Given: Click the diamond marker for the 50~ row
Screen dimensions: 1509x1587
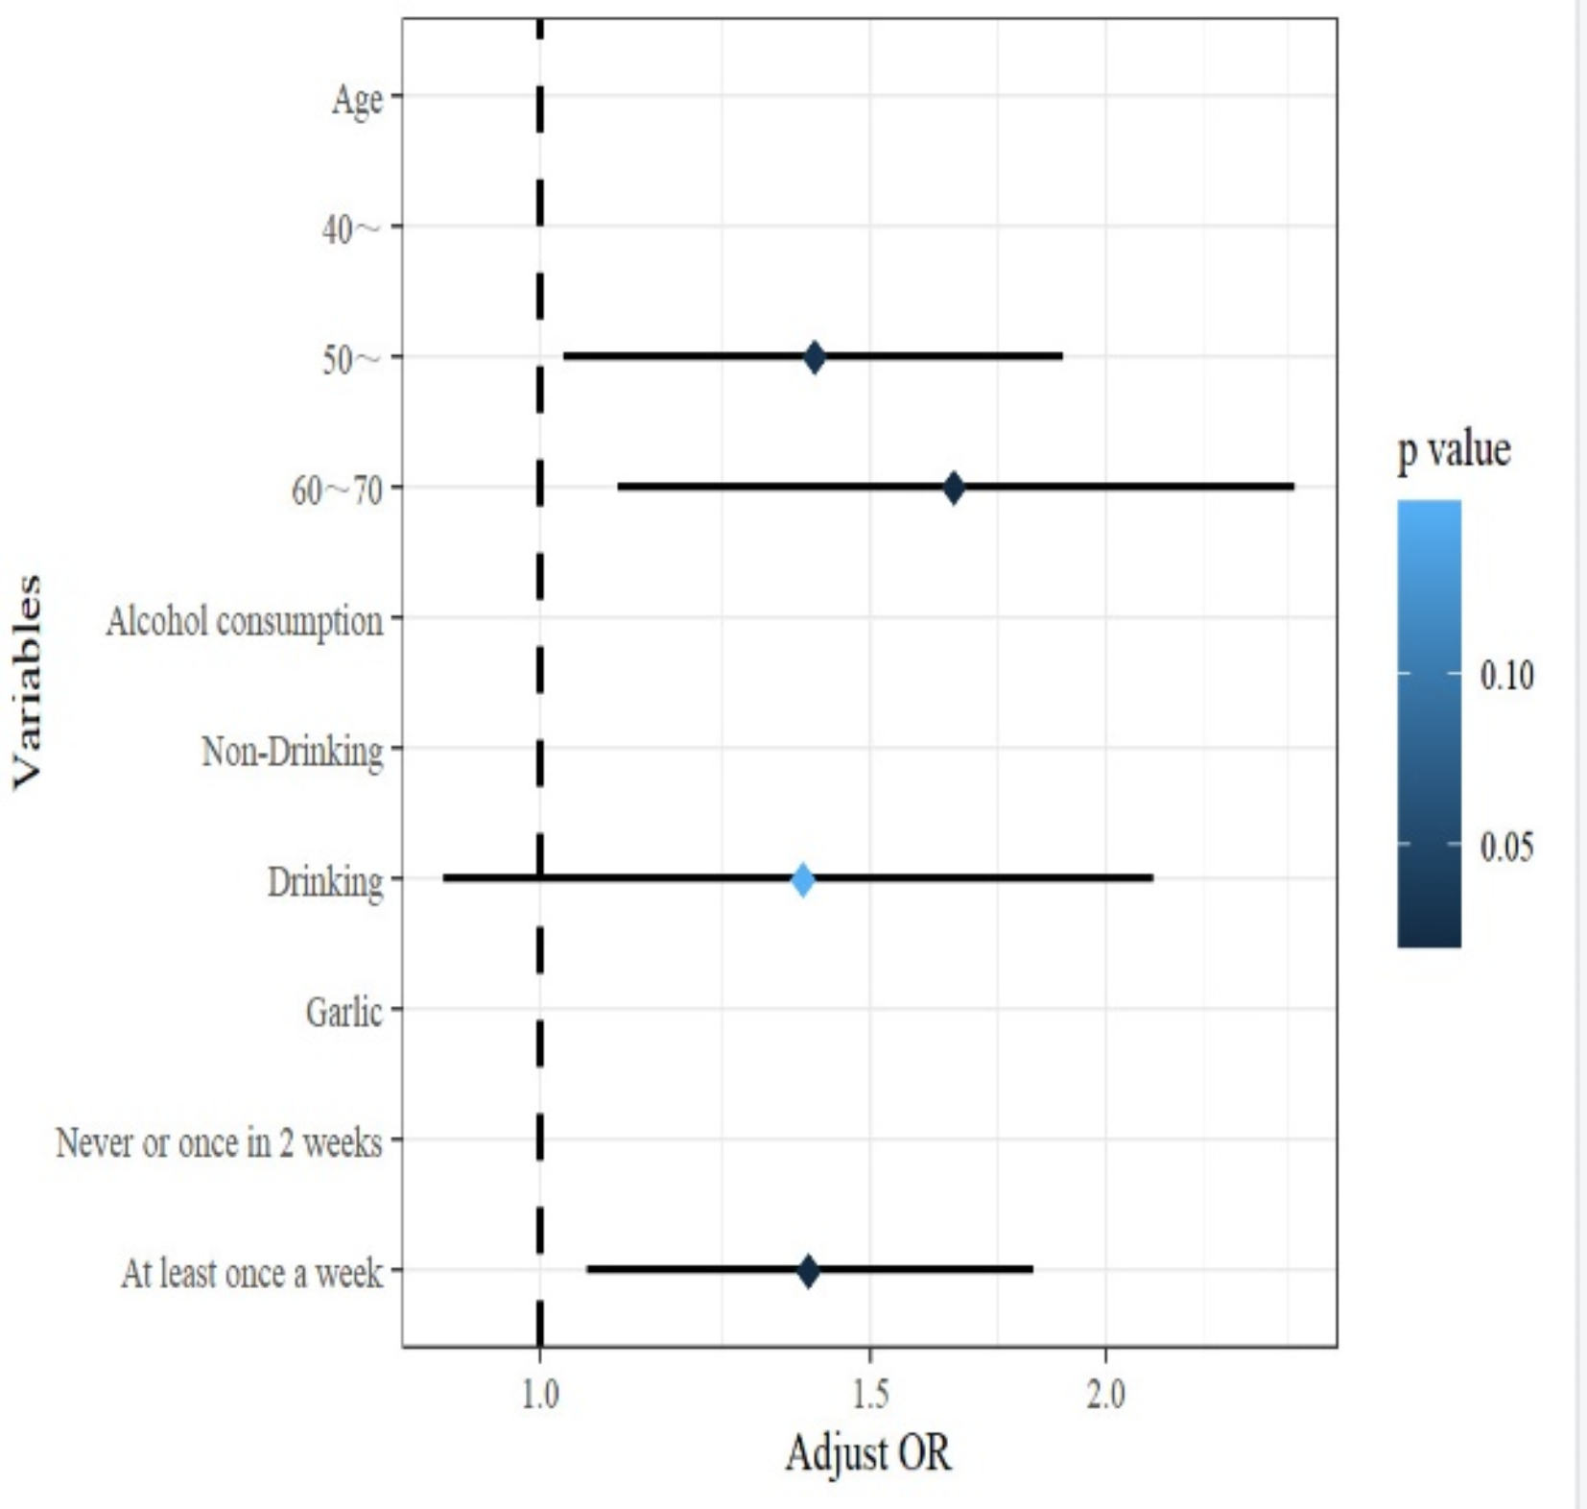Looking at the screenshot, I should coord(814,357).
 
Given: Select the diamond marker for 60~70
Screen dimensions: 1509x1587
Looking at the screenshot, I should coord(953,488).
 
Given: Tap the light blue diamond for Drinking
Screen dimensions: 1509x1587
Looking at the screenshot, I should coord(803,879).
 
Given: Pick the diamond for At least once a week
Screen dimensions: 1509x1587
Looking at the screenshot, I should coord(808,1271).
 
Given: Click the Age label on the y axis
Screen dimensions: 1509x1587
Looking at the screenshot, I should coord(357,99).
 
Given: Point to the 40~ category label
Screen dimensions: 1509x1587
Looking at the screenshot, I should coord(351,229).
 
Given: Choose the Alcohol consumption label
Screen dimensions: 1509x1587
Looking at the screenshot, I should coord(245,621).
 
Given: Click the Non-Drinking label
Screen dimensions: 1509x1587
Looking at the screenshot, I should coord(292,752).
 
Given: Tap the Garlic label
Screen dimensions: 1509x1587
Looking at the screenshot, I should coord(343,1012).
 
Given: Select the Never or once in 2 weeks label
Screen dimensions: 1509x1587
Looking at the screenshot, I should coord(219,1142).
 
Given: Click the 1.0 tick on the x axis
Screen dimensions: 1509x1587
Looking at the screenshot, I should coord(540,1395).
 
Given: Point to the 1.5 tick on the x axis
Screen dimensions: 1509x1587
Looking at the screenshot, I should coord(869,1395).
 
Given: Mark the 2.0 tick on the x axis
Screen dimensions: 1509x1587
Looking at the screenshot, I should coord(1105,1395).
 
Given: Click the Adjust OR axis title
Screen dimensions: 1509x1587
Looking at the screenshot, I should coord(868,1453).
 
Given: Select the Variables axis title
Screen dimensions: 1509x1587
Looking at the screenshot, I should coord(27,682).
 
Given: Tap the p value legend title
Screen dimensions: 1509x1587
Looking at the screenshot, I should coord(1454,449).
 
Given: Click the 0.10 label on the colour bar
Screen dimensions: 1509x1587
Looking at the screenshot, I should coord(1506,676).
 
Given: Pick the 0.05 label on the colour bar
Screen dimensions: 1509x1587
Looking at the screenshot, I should coord(1506,847).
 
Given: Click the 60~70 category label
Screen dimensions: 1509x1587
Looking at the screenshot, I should coord(336,491).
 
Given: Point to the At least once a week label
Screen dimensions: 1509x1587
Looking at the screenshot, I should coord(251,1274).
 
